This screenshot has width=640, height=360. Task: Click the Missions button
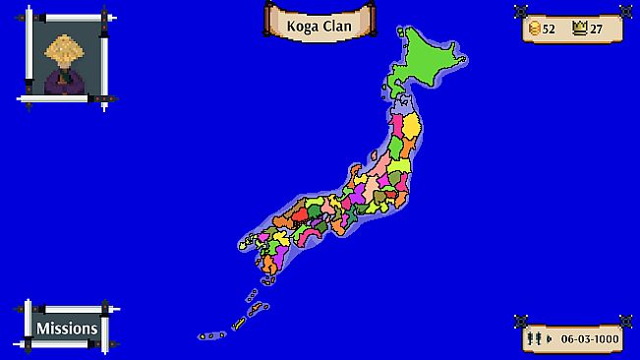[67, 328]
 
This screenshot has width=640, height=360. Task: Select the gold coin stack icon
[535, 29]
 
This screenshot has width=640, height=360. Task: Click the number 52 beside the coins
[550, 29]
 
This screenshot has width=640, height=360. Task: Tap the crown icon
[580, 29]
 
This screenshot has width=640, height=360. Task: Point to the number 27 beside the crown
[597, 29]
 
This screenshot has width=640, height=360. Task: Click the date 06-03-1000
[591, 338]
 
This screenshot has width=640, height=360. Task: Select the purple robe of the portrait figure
[61, 82]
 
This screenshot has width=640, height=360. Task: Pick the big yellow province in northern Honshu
[412, 125]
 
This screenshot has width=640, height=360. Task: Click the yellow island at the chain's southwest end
[239, 324]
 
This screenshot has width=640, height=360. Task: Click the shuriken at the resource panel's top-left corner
[521, 11]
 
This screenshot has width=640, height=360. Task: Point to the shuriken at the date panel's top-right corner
[625, 320]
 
